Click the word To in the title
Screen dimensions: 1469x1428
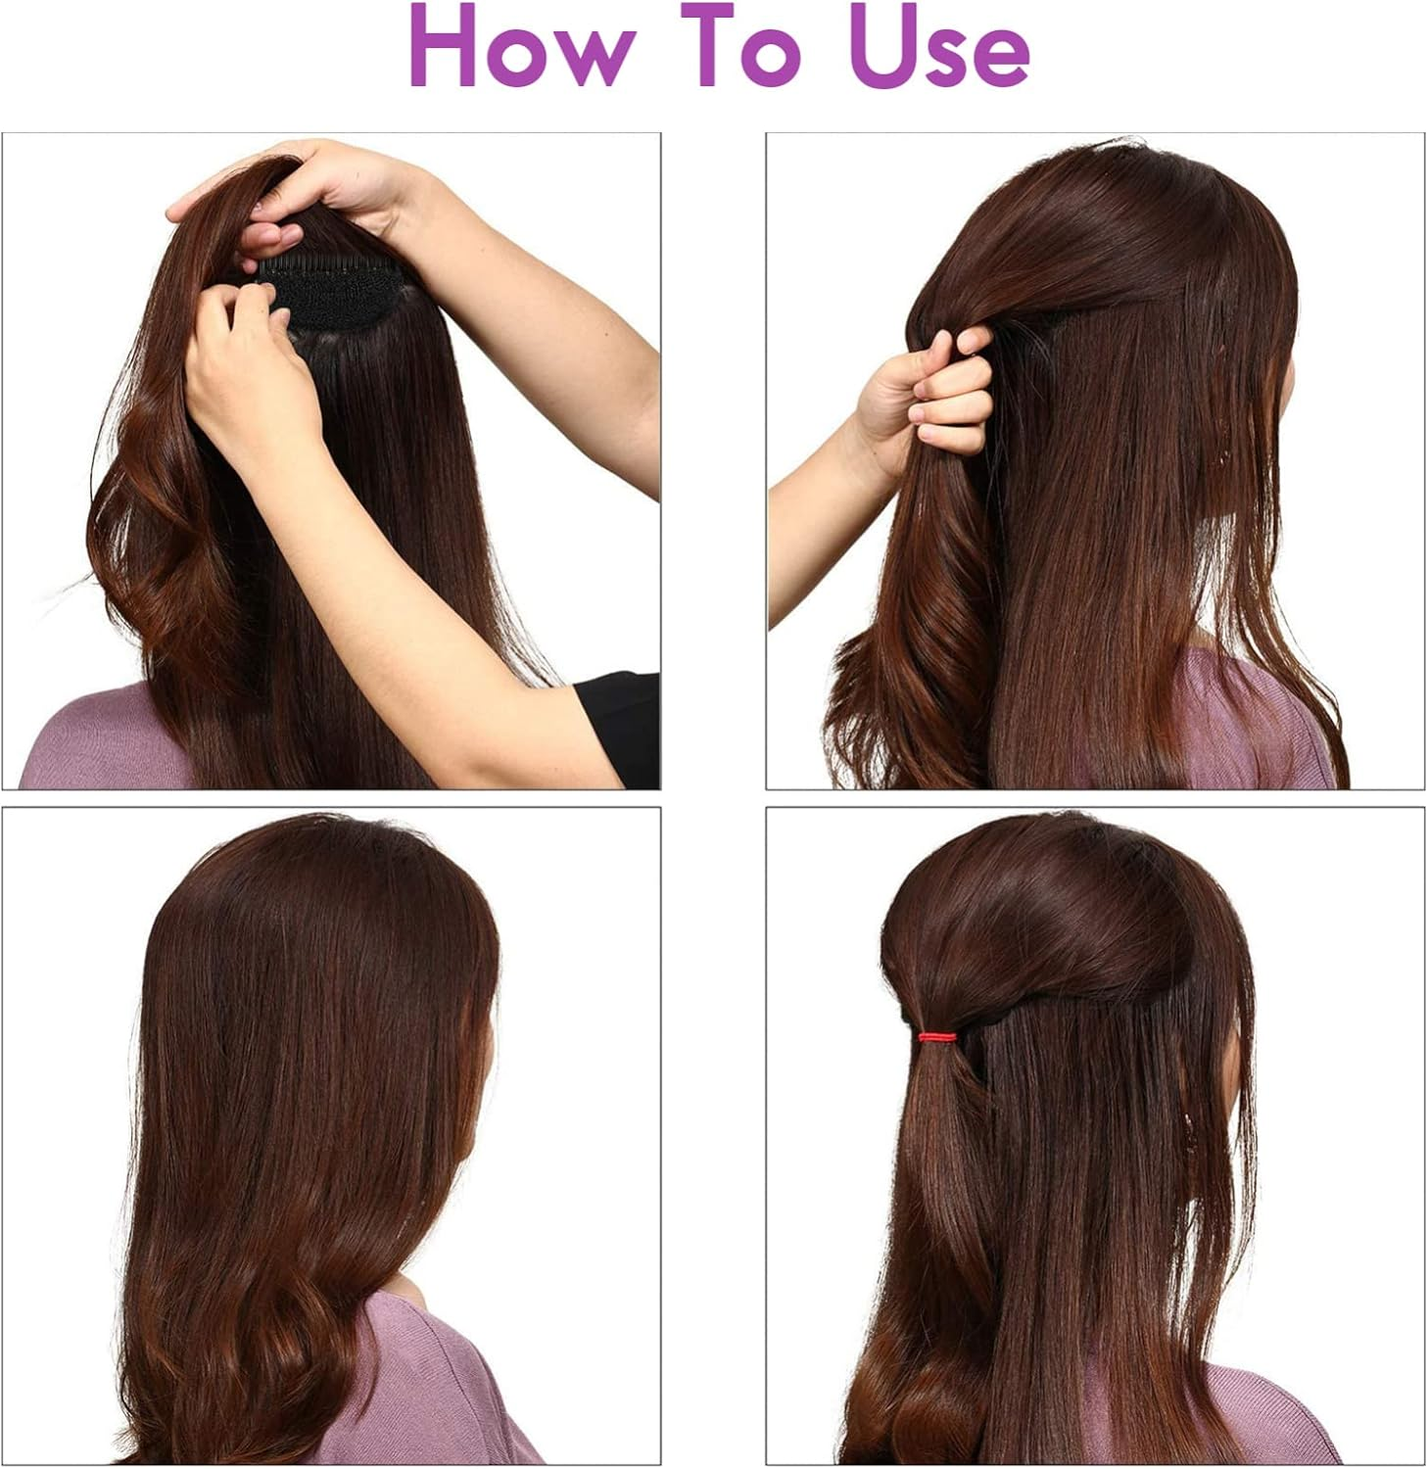[x=750, y=47]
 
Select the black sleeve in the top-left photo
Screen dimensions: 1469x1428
[x=617, y=725]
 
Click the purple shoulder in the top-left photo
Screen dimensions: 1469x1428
[x=88, y=744]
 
